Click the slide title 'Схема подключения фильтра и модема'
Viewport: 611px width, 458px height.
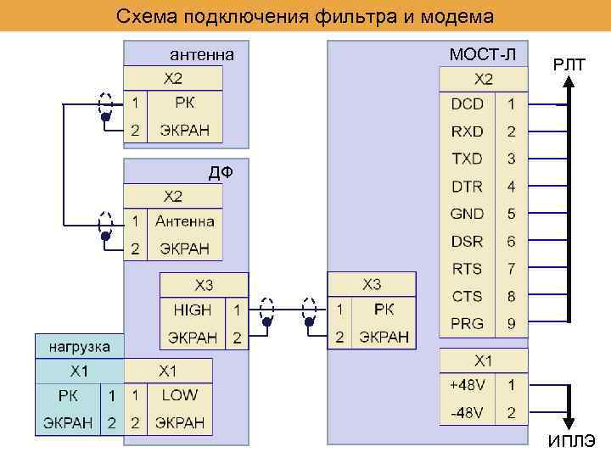point(305,16)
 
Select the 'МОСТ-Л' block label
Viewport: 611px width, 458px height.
point(482,55)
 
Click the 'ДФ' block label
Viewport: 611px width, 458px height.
point(221,174)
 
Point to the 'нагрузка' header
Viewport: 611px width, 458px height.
point(79,347)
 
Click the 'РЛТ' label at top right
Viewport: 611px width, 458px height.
point(569,63)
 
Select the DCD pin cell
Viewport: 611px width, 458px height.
point(467,103)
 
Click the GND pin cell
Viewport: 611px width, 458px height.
point(467,214)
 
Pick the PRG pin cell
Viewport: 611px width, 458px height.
point(467,323)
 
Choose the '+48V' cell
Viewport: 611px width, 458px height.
point(468,385)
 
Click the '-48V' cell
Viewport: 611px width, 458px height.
point(468,412)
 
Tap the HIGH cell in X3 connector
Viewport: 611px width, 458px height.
point(193,310)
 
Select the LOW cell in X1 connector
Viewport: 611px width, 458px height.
point(179,394)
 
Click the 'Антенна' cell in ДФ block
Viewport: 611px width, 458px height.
point(184,221)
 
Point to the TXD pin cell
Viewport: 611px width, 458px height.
point(467,159)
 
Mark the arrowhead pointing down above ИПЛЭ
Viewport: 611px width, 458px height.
point(570,424)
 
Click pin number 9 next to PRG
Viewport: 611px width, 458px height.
point(511,323)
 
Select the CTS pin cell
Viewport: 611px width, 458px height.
point(467,296)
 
